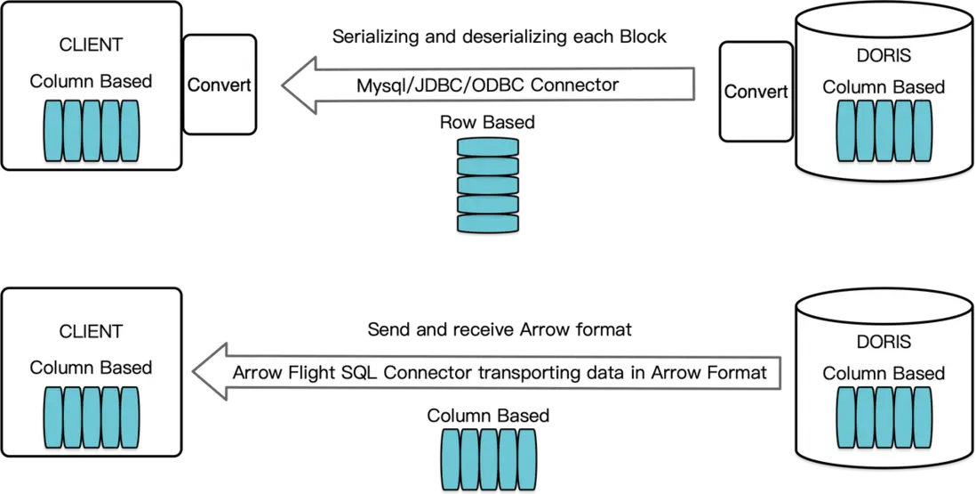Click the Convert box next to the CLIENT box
pos(219,85)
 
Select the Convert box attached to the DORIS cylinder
pos(756,92)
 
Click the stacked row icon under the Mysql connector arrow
pos(487,185)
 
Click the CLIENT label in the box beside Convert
pos(91,45)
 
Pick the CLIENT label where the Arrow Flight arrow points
pos(91,331)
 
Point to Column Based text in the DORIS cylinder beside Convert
pos(883,86)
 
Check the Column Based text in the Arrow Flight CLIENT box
pos(91,367)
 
